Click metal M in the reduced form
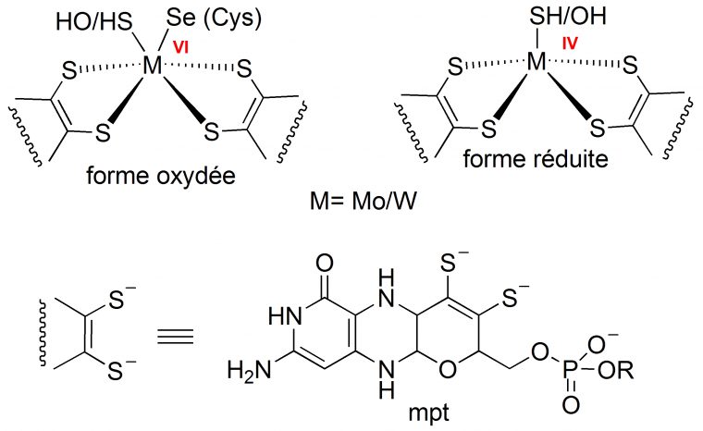click(536, 62)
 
